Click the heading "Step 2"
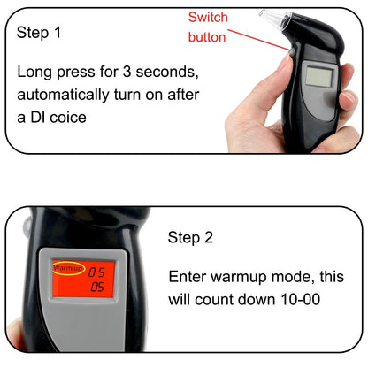[191, 237]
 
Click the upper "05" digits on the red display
[96, 272]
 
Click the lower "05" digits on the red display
[96, 287]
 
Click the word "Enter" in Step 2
[187, 277]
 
